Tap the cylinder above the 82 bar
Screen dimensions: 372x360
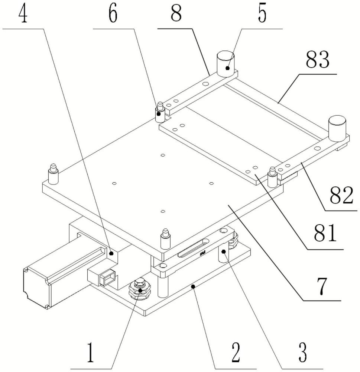pos(337,129)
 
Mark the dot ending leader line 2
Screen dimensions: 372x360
pos(192,286)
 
